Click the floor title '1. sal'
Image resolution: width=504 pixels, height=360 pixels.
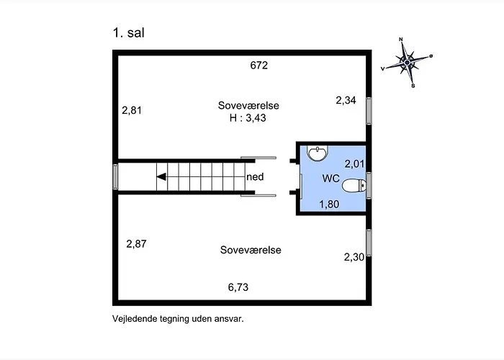click(x=129, y=33)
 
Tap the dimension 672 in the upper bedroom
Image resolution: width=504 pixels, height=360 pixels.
click(x=258, y=66)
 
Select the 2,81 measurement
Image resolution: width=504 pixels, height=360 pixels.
click(x=132, y=111)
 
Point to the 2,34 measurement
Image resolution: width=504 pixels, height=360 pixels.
click(x=346, y=100)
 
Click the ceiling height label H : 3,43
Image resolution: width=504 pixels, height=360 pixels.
click(x=248, y=118)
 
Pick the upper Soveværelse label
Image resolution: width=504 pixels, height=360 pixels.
click(x=248, y=105)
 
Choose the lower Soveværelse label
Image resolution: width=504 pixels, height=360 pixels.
click(x=251, y=250)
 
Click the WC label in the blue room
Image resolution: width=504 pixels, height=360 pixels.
click(x=330, y=179)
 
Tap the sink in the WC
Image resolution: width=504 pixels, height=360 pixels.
click(x=318, y=153)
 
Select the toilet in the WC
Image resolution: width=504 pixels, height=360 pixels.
click(x=354, y=186)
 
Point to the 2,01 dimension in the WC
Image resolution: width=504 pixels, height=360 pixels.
click(x=354, y=164)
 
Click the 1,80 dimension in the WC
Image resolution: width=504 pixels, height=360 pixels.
click(x=329, y=204)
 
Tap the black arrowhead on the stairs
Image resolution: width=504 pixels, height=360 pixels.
click(x=161, y=177)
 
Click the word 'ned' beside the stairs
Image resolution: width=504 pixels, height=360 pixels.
click(x=255, y=177)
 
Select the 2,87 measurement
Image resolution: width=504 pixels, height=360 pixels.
click(x=136, y=244)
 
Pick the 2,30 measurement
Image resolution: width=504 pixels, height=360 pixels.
click(x=354, y=257)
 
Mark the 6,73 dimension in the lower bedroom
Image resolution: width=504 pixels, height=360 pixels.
click(x=238, y=287)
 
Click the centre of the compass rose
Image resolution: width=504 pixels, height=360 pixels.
click(x=408, y=63)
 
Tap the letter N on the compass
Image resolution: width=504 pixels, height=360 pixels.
click(x=401, y=40)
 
